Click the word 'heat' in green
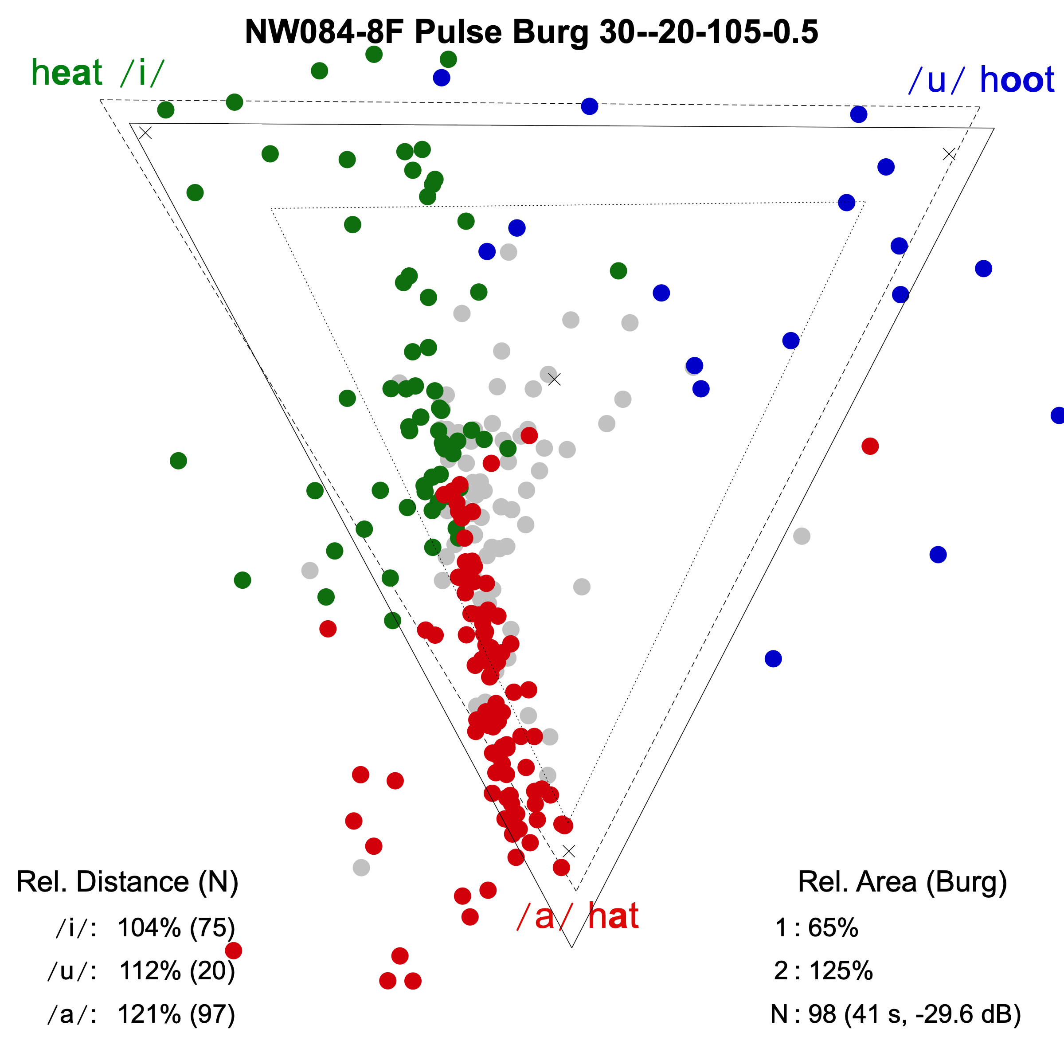pos(66,73)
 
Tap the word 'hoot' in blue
pos(1017,80)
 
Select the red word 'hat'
pos(613,917)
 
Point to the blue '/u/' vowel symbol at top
pos(936,80)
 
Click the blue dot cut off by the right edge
pos(1058,415)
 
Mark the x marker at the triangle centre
pos(555,379)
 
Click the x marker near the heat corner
pos(145,133)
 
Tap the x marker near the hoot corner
pos(949,154)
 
